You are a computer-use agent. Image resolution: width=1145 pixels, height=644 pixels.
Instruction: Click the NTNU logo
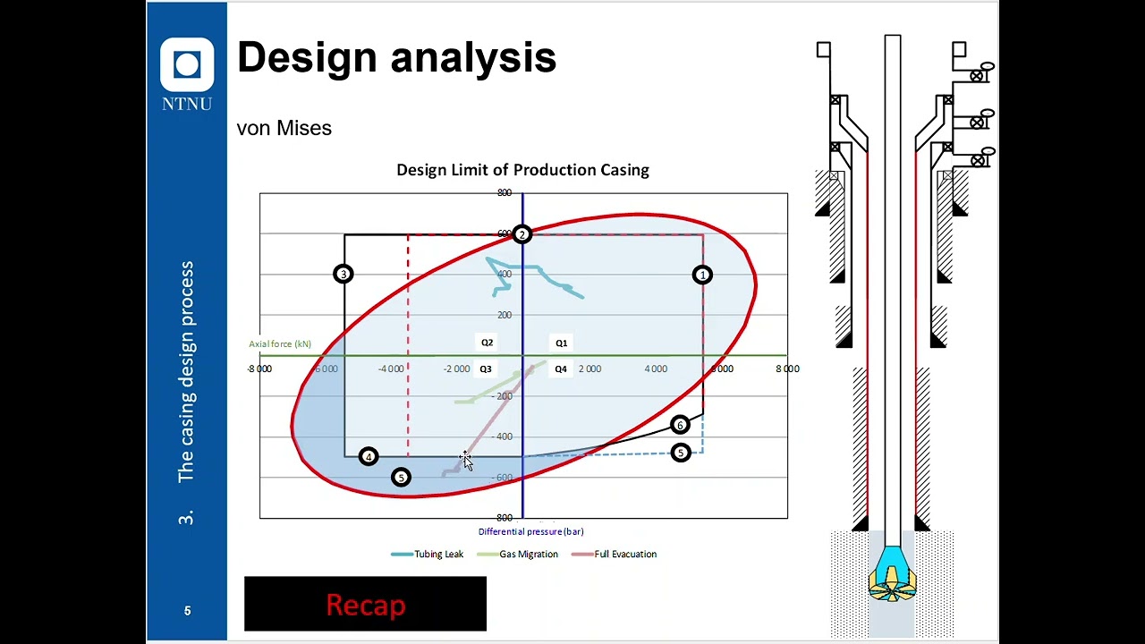coord(187,74)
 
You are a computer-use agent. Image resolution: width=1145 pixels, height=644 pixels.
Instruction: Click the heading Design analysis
coord(396,57)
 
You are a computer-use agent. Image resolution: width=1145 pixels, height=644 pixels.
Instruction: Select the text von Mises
coord(284,128)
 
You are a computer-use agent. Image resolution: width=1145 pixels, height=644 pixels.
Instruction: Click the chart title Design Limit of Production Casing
coord(522,170)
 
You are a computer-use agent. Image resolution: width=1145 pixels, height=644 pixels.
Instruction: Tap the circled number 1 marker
coord(702,275)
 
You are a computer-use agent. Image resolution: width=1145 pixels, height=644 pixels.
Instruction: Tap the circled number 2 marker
coord(522,234)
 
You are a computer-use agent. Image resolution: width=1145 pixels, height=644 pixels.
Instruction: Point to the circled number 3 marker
coord(343,274)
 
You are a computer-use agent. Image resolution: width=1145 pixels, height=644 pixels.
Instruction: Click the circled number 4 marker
coord(368,457)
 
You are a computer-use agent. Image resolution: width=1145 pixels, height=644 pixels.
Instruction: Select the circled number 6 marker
coord(680,425)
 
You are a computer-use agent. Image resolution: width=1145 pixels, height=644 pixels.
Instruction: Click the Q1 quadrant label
coord(561,343)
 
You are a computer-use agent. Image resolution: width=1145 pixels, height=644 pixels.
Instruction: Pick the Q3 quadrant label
coord(486,369)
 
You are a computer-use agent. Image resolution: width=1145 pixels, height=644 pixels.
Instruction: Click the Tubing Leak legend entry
coord(428,554)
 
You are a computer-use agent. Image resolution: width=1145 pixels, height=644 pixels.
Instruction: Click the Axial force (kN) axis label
coord(280,343)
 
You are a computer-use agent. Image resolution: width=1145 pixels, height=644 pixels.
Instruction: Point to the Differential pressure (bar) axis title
coord(530,531)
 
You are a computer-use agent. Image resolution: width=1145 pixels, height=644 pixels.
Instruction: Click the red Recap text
coord(365,605)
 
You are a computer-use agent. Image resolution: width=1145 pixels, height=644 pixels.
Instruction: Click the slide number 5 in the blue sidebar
coord(187,611)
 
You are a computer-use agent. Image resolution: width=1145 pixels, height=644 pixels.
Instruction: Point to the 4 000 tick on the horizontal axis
coord(656,369)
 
